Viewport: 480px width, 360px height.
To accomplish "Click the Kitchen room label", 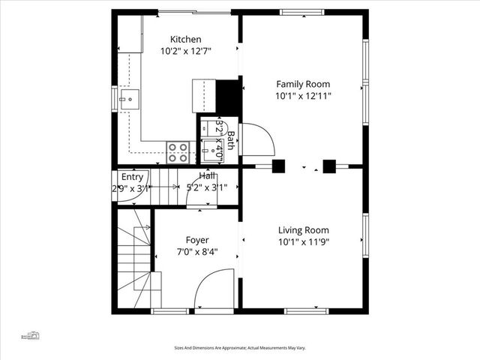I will tap(185, 40).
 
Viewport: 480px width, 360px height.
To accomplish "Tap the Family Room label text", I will tap(303, 84).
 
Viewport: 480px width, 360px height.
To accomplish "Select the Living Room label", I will tap(303, 230).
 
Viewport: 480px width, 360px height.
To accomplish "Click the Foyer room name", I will tap(197, 240).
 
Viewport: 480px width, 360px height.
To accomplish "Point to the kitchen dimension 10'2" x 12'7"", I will tap(185, 52).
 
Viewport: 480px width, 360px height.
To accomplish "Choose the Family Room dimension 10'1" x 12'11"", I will tap(303, 96).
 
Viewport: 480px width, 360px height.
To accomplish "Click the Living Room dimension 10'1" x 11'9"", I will tap(303, 242).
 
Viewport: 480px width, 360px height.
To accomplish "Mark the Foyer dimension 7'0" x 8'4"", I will tap(197, 252).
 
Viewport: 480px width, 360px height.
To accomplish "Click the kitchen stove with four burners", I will tap(178, 152).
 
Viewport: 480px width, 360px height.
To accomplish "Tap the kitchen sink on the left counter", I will tap(128, 97).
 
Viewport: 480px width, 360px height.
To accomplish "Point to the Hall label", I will tap(208, 175).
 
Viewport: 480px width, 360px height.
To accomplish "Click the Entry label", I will tap(132, 177).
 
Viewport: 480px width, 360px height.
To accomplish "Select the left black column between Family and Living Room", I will tap(278, 166).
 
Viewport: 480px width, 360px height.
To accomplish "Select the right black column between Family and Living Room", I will tap(328, 166).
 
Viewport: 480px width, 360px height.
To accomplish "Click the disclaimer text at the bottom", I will tap(240, 348).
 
